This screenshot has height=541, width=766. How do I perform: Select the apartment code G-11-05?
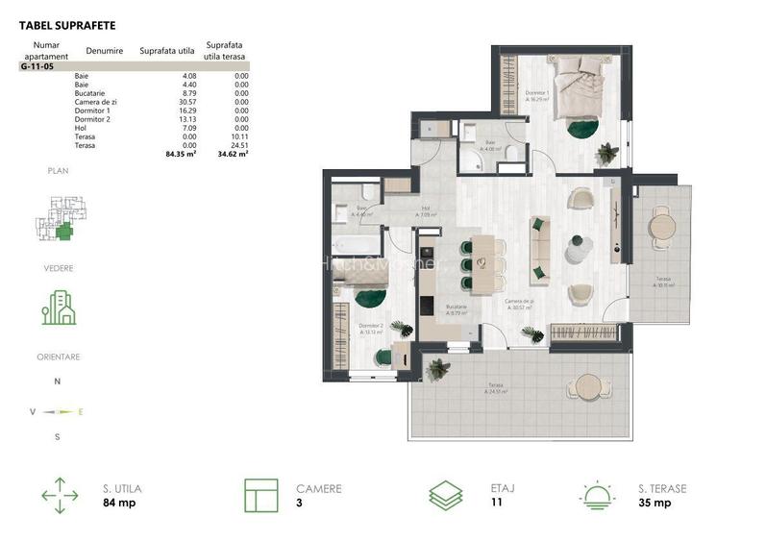[38, 66]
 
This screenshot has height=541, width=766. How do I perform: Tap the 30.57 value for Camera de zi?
[185, 101]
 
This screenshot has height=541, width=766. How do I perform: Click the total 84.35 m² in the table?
[180, 152]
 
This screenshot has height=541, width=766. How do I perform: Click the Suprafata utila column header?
[167, 50]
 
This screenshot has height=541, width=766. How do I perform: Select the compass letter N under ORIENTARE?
[58, 381]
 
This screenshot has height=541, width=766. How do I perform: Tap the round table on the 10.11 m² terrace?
[659, 228]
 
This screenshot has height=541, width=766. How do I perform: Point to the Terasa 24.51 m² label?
[495, 386]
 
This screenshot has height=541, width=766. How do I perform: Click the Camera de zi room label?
[520, 303]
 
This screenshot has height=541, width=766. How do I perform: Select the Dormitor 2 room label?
[371, 327]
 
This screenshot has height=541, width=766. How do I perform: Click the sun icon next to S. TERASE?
[598, 495]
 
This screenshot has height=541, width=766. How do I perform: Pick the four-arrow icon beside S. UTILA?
[60, 495]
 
